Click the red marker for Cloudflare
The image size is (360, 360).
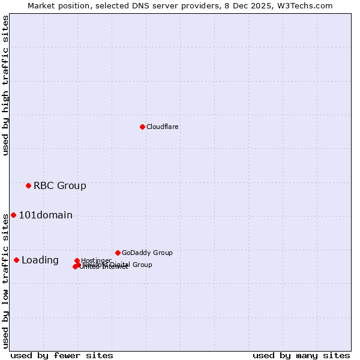tap(142, 127)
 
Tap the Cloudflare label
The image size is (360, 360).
tap(162, 127)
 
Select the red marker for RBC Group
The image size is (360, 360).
tap(28, 185)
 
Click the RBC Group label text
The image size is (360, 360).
tap(59, 185)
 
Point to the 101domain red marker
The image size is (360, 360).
tap(13, 215)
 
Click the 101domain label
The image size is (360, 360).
tap(46, 215)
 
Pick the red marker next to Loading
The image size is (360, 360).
tap(16, 260)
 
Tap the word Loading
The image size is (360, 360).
tap(40, 260)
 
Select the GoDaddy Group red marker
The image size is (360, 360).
tap(118, 253)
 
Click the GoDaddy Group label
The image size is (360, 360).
tap(147, 253)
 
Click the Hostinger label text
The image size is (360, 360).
tap(96, 260)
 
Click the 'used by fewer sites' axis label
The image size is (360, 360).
tap(62, 355)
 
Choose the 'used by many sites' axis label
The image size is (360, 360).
tap(301, 355)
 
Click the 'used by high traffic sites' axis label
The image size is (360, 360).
tap(6, 85)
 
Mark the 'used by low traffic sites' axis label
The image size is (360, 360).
tap(6, 280)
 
